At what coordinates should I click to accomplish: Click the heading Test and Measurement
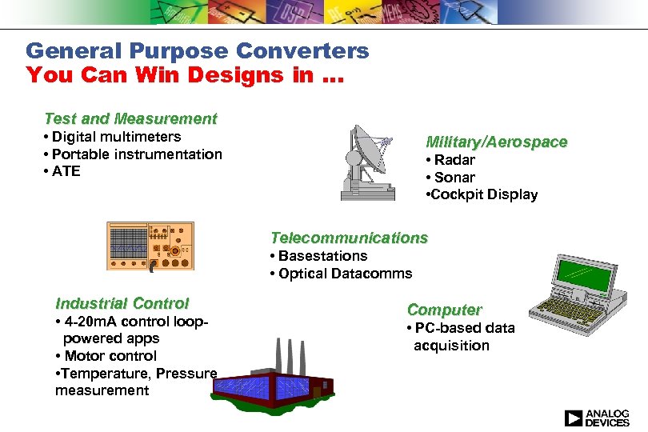click(130, 118)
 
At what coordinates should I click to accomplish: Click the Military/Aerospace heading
click(496, 142)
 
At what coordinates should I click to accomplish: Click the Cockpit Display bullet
click(482, 195)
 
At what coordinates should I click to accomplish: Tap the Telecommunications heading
click(349, 238)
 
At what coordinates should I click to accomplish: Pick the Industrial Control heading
click(122, 303)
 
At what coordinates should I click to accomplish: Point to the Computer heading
click(444, 310)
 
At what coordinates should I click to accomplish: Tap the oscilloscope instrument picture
click(150, 246)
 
